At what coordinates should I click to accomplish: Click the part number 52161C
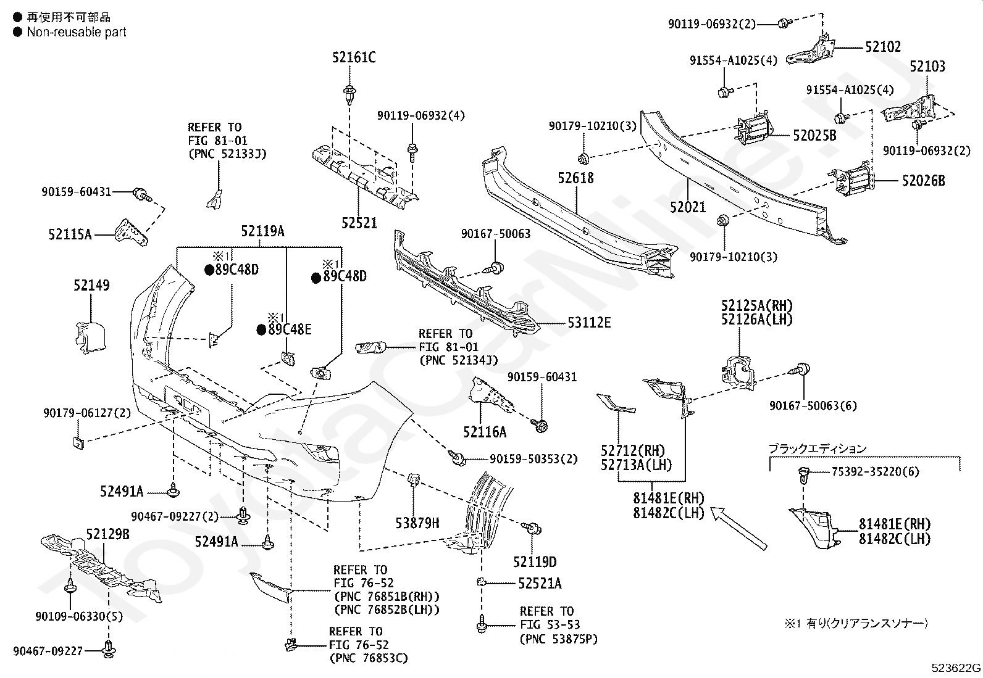coord(354,57)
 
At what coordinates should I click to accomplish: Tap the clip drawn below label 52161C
coord(349,94)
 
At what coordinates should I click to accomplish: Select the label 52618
coord(575,178)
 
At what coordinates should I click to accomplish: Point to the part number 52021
coord(688,207)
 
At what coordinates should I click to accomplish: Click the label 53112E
coord(589,323)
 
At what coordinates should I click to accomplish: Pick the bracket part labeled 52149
coord(90,337)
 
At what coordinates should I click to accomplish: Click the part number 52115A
coord(70,234)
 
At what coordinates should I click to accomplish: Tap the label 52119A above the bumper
coord(263,231)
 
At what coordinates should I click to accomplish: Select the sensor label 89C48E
coord(290,329)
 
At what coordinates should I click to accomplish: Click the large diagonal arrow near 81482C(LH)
coord(738,528)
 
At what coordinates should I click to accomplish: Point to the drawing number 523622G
coord(956,668)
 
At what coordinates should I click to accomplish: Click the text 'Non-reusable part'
coord(77,32)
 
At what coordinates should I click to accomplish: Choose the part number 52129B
coord(107,535)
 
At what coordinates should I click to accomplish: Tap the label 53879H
coord(417,523)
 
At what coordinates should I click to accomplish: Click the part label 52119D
coord(535,562)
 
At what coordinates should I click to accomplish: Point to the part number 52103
coord(927,67)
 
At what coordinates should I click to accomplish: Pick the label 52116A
coord(485,432)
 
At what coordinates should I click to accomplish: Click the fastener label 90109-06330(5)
coord(79,616)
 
